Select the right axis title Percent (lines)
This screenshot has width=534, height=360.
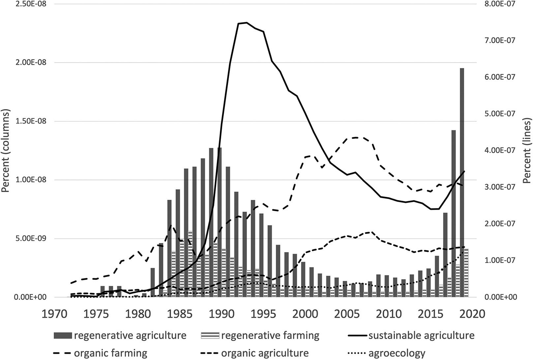pyautogui.click(x=527, y=151)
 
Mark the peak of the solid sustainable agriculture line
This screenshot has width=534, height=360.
pyautogui.click(x=246, y=23)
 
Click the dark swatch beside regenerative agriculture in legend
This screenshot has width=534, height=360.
pyautogui.click(x=62, y=336)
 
